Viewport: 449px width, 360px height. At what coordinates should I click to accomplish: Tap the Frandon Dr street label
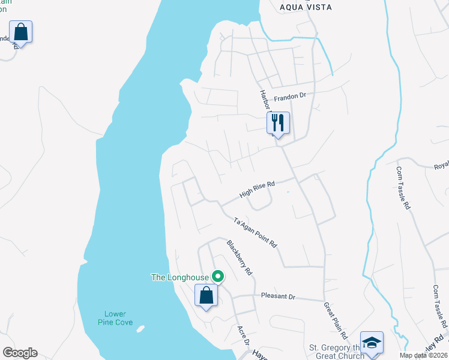[290, 97]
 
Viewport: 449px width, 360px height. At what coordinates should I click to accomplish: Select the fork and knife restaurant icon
[278, 123]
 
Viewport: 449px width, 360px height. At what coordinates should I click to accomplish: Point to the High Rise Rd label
[256, 190]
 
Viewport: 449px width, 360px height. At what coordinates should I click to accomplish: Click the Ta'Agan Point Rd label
[255, 232]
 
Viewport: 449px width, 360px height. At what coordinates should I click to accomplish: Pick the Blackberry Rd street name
[238, 257]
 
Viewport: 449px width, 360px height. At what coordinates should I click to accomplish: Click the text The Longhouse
[179, 277]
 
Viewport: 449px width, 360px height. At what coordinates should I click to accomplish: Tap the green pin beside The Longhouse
[218, 277]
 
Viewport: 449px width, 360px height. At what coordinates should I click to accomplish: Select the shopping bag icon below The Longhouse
[206, 295]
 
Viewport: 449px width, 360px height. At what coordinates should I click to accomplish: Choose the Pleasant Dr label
[279, 296]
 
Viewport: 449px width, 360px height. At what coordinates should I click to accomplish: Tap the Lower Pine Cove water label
[115, 318]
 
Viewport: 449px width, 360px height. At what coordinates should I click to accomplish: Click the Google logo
[20, 353]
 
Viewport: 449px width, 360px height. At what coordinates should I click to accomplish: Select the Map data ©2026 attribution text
[423, 355]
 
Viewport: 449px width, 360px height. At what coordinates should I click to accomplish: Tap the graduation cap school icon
[372, 343]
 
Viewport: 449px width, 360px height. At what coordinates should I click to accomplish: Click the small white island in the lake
[140, 329]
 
